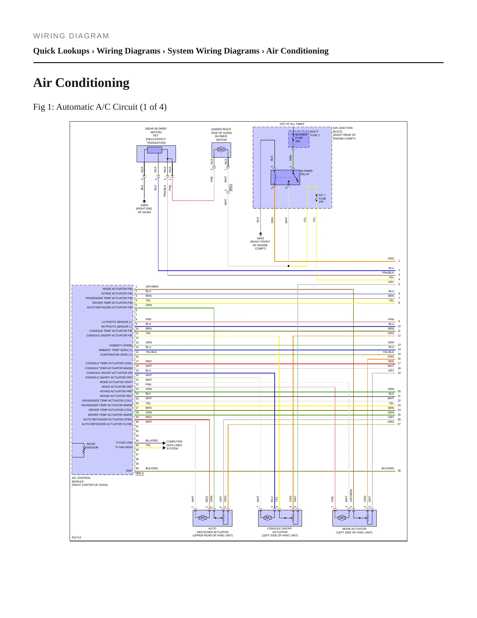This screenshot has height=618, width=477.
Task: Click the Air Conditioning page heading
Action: (81, 83)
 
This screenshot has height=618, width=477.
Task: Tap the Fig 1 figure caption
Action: (100, 107)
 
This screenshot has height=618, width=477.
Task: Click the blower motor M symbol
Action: (221, 150)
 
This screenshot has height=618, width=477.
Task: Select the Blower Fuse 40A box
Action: (299, 139)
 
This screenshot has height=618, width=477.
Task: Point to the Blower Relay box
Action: (285, 177)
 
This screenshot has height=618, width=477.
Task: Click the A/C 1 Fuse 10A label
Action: (322, 198)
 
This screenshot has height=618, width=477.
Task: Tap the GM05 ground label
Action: (144, 209)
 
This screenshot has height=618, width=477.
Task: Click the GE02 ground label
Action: (260, 243)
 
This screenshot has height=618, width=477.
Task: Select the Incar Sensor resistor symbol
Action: (84, 449)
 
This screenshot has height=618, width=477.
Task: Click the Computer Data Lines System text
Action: (174, 445)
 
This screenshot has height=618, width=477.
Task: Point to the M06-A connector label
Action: (140, 473)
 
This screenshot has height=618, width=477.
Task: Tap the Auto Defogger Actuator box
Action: (213, 518)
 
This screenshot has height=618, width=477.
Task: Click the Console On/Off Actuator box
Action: (280, 518)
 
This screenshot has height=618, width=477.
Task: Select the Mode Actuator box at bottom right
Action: (355, 518)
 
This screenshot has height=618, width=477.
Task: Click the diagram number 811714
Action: (76, 537)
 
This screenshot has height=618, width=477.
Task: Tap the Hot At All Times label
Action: (292, 124)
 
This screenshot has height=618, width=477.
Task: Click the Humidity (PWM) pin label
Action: (120, 345)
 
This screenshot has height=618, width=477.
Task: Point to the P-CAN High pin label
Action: (124, 447)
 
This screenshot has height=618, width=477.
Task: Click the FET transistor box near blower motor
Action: (156, 154)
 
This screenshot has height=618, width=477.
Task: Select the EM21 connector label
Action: (230, 187)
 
